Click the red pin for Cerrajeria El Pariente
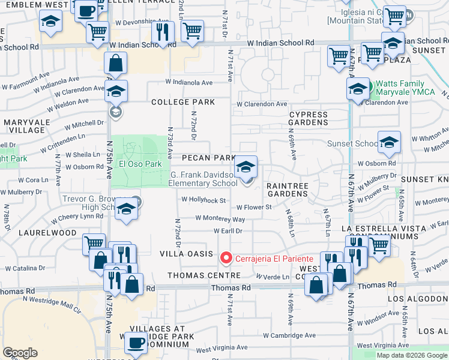[226, 259]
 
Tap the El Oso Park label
[140, 164]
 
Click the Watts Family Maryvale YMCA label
[408, 89]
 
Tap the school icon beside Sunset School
[389, 142]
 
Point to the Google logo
[20, 353]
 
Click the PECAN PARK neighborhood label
[208, 158]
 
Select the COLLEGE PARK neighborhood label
[183, 103]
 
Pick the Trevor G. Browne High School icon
[126, 208]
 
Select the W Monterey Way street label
[220, 220]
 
